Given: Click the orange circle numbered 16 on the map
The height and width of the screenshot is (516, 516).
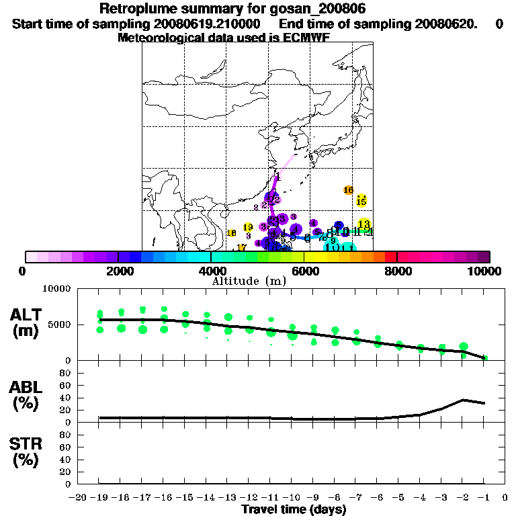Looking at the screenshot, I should [x=348, y=190].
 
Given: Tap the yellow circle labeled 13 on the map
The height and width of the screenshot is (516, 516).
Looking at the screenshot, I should [x=364, y=224].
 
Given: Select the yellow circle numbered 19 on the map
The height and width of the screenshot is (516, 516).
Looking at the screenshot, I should [x=248, y=227].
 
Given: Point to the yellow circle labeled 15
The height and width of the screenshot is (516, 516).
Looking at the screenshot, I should [x=361, y=202].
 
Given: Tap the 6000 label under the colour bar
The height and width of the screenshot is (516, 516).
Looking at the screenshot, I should [x=304, y=271].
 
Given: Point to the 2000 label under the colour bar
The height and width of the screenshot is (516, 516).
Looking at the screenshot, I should [x=118, y=271].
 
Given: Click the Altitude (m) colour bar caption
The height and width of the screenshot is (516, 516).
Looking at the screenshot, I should [x=249, y=281].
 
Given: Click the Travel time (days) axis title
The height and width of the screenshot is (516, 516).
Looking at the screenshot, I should [x=294, y=509].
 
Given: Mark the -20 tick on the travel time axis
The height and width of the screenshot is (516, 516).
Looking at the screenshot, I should [x=78, y=498].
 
